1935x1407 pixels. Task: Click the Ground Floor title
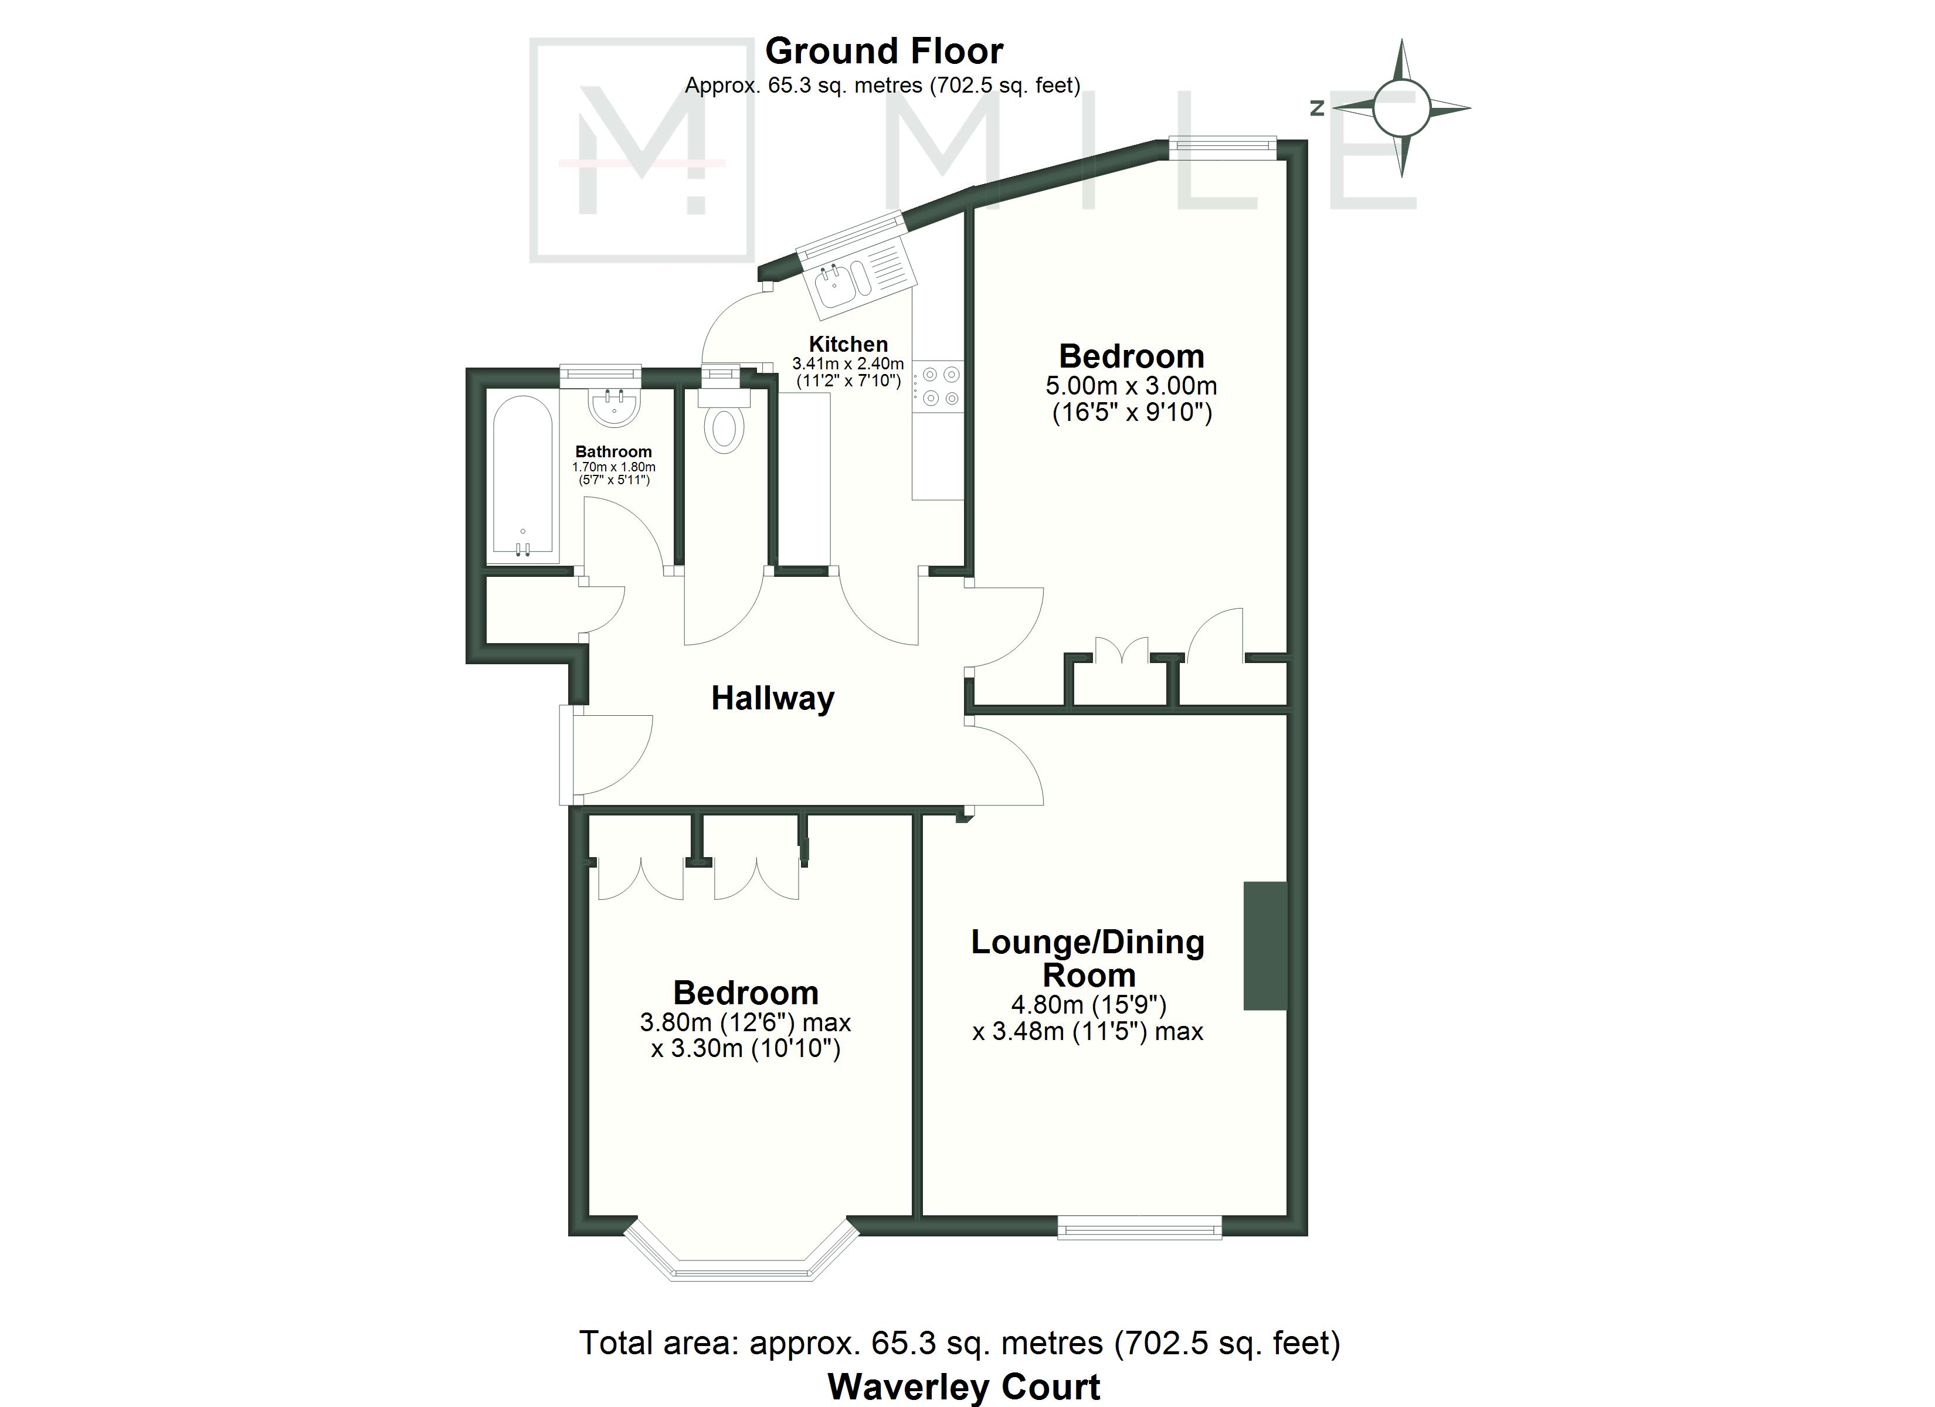click(884, 51)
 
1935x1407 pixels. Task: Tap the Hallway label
click(773, 698)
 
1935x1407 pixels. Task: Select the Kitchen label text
click(848, 344)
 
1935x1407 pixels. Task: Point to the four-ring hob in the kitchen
click(937, 386)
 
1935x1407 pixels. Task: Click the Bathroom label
click(613, 451)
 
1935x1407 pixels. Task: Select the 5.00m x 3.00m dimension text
click(1131, 386)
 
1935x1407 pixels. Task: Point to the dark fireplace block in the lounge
click(1265, 946)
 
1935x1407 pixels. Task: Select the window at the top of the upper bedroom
click(1223, 148)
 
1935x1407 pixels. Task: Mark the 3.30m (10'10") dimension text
click(746, 1048)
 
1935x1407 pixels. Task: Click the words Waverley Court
click(964, 1388)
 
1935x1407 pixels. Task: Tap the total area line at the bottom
click(960, 1343)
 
